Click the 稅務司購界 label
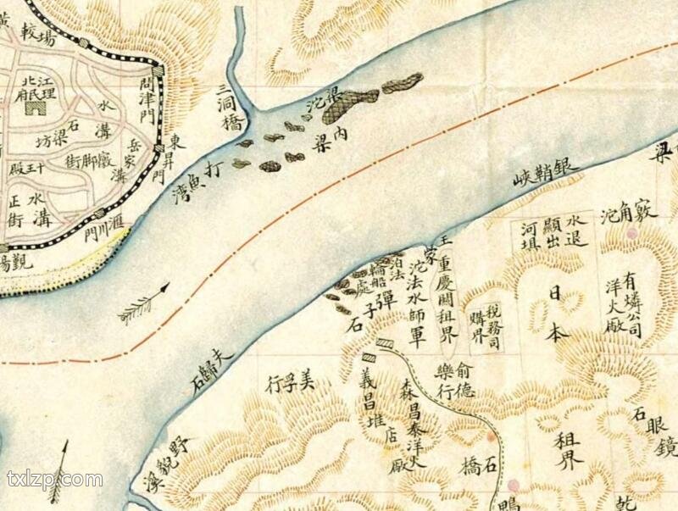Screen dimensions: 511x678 coord(488,323)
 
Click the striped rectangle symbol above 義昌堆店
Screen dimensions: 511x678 coord(386,344)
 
